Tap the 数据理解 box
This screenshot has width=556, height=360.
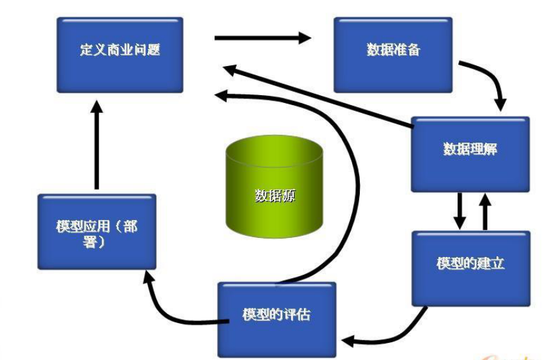tap(469, 154)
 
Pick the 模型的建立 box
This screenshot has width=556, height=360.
tap(470, 268)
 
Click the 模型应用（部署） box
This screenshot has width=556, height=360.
tap(96, 231)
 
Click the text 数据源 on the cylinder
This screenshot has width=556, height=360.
tap(275, 196)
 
